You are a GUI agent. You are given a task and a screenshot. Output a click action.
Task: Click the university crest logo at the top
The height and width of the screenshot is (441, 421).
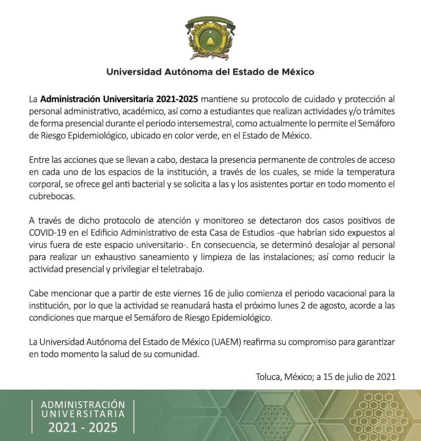(210, 38)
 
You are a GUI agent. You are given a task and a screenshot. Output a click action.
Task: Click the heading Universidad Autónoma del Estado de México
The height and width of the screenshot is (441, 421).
(210, 71)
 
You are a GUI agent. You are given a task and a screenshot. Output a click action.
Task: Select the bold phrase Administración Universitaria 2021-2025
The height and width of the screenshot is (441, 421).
(120, 99)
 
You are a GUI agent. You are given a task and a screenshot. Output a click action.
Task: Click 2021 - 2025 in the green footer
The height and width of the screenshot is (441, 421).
(82, 428)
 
